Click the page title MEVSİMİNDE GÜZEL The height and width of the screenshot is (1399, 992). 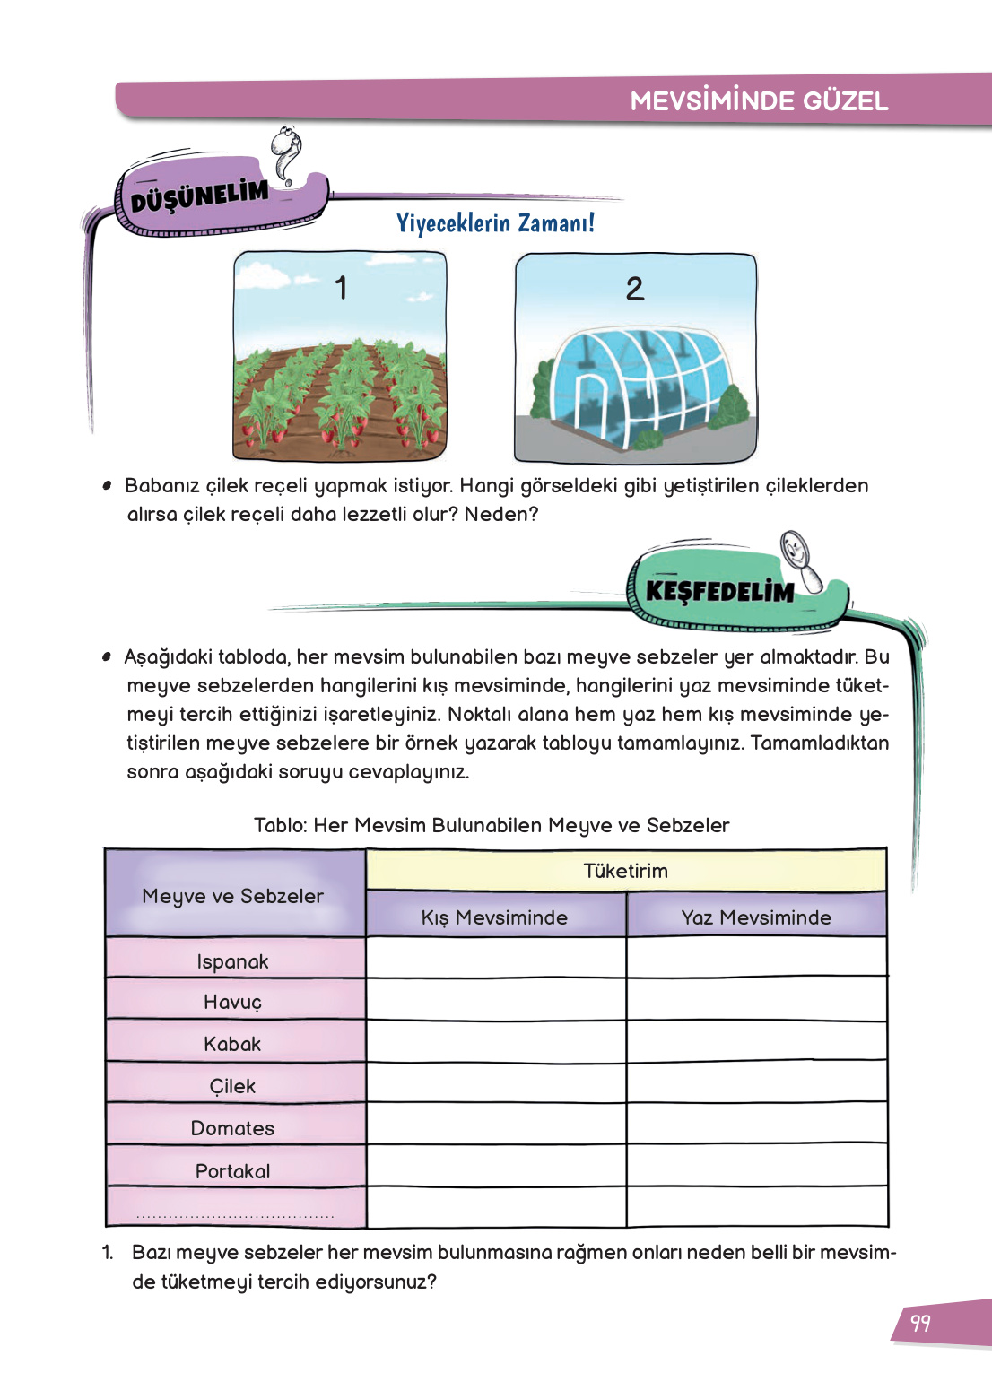pyautogui.click(x=759, y=100)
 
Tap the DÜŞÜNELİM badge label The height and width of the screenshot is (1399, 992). pyautogui.click(x=199, y=196)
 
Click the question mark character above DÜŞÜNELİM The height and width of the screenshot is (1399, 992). pyautogui.click(x=287, y=154)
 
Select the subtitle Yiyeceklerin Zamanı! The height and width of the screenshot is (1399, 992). pyautogui.click(x=495, y=222)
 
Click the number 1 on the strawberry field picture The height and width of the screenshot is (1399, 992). pyautogui.click(x=341, y=288)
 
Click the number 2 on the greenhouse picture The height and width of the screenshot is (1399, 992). pyautogui.click(x=634, y=289)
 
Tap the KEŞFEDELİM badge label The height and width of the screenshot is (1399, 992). pyautogui.click(x=719, y=592)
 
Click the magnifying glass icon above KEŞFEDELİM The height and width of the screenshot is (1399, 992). pyautogui.click(x=800, y=560)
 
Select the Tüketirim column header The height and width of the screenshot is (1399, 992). pyautogui.click(x=625, y=871)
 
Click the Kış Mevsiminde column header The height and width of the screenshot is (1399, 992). pyautogui.click(x=494, y=917)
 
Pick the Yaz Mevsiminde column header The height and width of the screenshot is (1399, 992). pyautogui.click(x=755, y=917)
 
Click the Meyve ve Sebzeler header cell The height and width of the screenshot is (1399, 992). pyautogui.click(x=233, y=896)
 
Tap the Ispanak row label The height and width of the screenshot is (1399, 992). pyautogui.click(x=233, y=961)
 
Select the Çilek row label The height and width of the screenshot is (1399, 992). pyautogui.click(x=233, y=1086)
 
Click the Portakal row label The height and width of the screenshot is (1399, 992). pyautogui.click(x=233, y=1171)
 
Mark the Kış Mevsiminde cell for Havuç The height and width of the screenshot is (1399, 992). pyautogui.click(x=495, y=999)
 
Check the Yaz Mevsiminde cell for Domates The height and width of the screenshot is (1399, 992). pyautogui.click(x=756, y=1124)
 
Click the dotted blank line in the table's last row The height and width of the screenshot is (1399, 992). pyautogui.click(x=235, y=1216)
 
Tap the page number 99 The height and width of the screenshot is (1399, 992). pyautogui.click(x=920, y=1323)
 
